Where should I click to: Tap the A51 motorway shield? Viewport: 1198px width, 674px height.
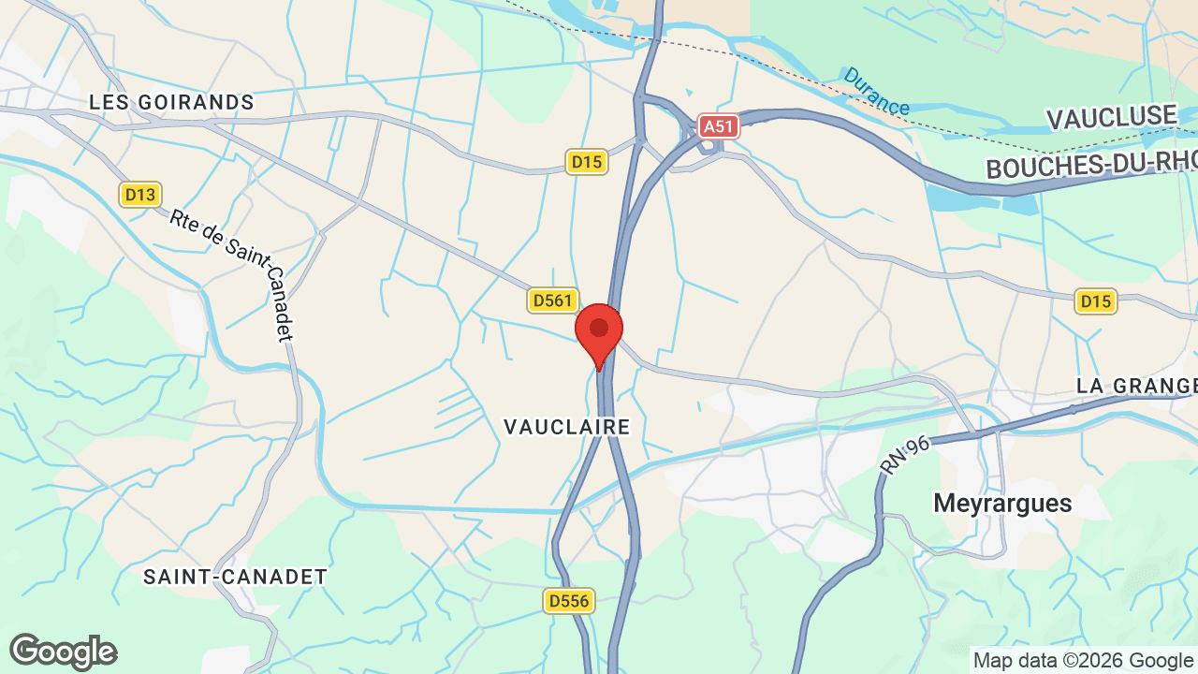tap(718, 125)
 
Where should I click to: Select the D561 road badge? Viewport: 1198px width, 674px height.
tap(551, 300)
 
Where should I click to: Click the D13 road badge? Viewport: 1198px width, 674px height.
tap(140, 195)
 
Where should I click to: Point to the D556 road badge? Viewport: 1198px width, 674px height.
tap(569, 600)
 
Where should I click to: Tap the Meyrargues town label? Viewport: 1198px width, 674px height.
tap(1002, 504)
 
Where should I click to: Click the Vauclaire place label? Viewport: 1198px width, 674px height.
tap(566, 427)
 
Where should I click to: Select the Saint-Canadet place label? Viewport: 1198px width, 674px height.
tap(235, 577)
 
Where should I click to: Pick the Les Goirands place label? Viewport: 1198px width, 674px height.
tap(171, 102)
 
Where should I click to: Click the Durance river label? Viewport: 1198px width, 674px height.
tap(876, 91)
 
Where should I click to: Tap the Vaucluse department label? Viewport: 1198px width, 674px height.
tap(1111, 118)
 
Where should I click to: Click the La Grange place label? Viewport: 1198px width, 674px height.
tap(1136, 386)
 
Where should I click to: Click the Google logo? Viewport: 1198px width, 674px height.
tap(63, 652)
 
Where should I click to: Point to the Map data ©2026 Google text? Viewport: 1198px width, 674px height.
tap(1083, 660)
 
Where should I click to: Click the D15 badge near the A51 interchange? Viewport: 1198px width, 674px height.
tap(587, 162)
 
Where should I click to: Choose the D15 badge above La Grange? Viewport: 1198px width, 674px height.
tap(1095, 300)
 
